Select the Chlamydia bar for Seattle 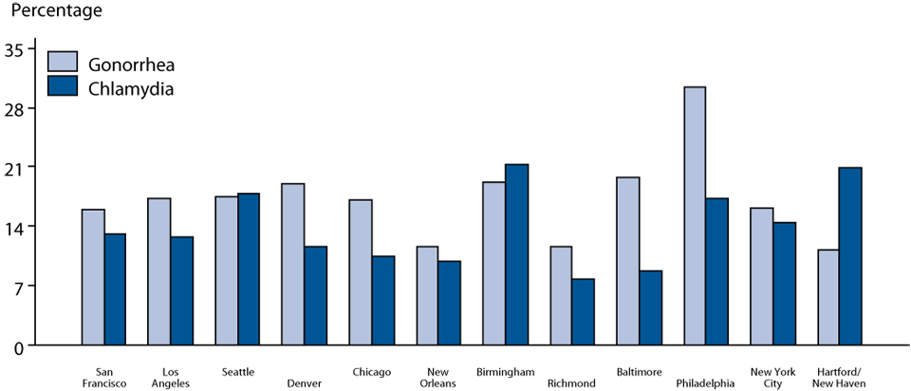tap(249, 269)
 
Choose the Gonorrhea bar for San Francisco tap(93, 277)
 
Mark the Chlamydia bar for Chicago tap(382, 300)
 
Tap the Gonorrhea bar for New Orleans tap(427, 295)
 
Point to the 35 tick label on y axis tap(18, 48)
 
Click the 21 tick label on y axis tap(18, 167)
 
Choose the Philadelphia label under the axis tap(705, 383)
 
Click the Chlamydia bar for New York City tap(784, 284)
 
